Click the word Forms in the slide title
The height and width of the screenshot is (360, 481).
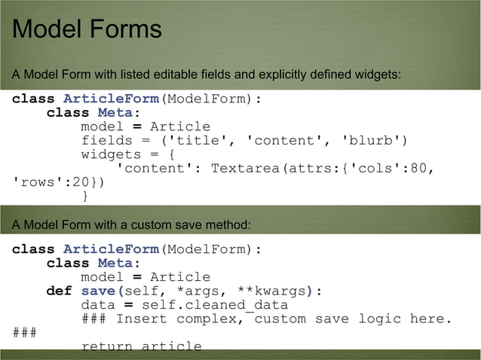(127, 29)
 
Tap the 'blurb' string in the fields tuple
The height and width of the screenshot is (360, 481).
(375, 140)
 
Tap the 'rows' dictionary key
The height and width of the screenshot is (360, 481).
(38, 182)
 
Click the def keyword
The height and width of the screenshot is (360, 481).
(59, 291)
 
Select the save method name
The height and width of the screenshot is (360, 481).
(98, 291)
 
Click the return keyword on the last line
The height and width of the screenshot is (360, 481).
(106, 346)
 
